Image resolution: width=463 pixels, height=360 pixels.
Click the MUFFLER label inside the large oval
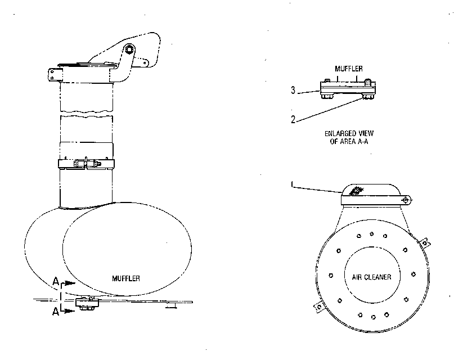click(126, 278)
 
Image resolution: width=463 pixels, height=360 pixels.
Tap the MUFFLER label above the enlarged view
click(349, 69)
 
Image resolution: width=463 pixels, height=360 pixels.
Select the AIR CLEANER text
click(371, 277)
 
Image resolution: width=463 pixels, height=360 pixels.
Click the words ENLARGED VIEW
click(349, 133)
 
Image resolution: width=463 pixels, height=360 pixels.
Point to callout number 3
click(293, 90)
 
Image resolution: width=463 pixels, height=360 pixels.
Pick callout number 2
click(293, 119)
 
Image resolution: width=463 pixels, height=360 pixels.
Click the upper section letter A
click(56, 281)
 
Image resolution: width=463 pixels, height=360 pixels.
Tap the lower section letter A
click(56, 311)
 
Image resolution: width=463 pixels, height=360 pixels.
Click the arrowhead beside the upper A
click(70, 283)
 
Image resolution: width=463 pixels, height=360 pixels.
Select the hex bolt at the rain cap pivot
click(128, 49)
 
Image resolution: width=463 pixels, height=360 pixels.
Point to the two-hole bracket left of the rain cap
click(55, 74)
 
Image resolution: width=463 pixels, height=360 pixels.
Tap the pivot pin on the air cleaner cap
click(406, 200)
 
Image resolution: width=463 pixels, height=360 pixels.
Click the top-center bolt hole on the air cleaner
click(371, 234)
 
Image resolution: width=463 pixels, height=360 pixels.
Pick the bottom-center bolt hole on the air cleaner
click(373, 317)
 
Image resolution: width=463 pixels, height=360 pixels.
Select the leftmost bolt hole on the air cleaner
click(331, 276)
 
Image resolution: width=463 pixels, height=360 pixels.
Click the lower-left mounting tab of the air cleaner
click(318, 308)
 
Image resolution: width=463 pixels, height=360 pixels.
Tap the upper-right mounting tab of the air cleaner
click(425, 243)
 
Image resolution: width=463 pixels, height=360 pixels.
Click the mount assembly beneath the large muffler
click(87, 304)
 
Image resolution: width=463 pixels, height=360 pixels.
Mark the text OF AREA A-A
click(349, 141)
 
